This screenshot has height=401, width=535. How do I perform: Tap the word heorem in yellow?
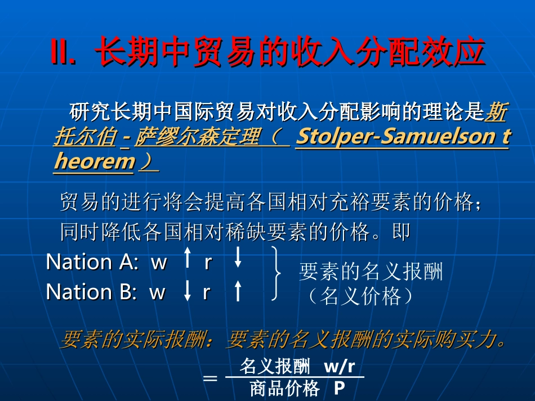pos(95,162)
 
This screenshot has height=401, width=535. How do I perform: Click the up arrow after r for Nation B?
pos(238,291)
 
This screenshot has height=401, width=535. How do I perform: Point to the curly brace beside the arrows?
pos(276,273)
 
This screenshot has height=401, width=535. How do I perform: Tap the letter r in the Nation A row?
pos(208,262)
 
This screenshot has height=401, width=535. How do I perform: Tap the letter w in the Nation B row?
pos(157,292)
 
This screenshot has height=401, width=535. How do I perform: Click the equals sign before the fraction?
pos(209,378)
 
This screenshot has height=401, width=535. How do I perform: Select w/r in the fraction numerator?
pos(340,367)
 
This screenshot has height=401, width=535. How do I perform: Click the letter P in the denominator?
pos(339,389)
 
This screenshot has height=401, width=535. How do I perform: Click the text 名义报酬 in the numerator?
pos(275,367)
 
